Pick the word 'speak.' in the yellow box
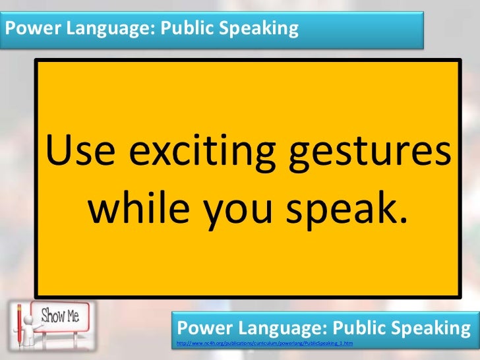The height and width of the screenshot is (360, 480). point(344,209)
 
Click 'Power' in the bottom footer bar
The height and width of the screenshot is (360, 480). point(202,328)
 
